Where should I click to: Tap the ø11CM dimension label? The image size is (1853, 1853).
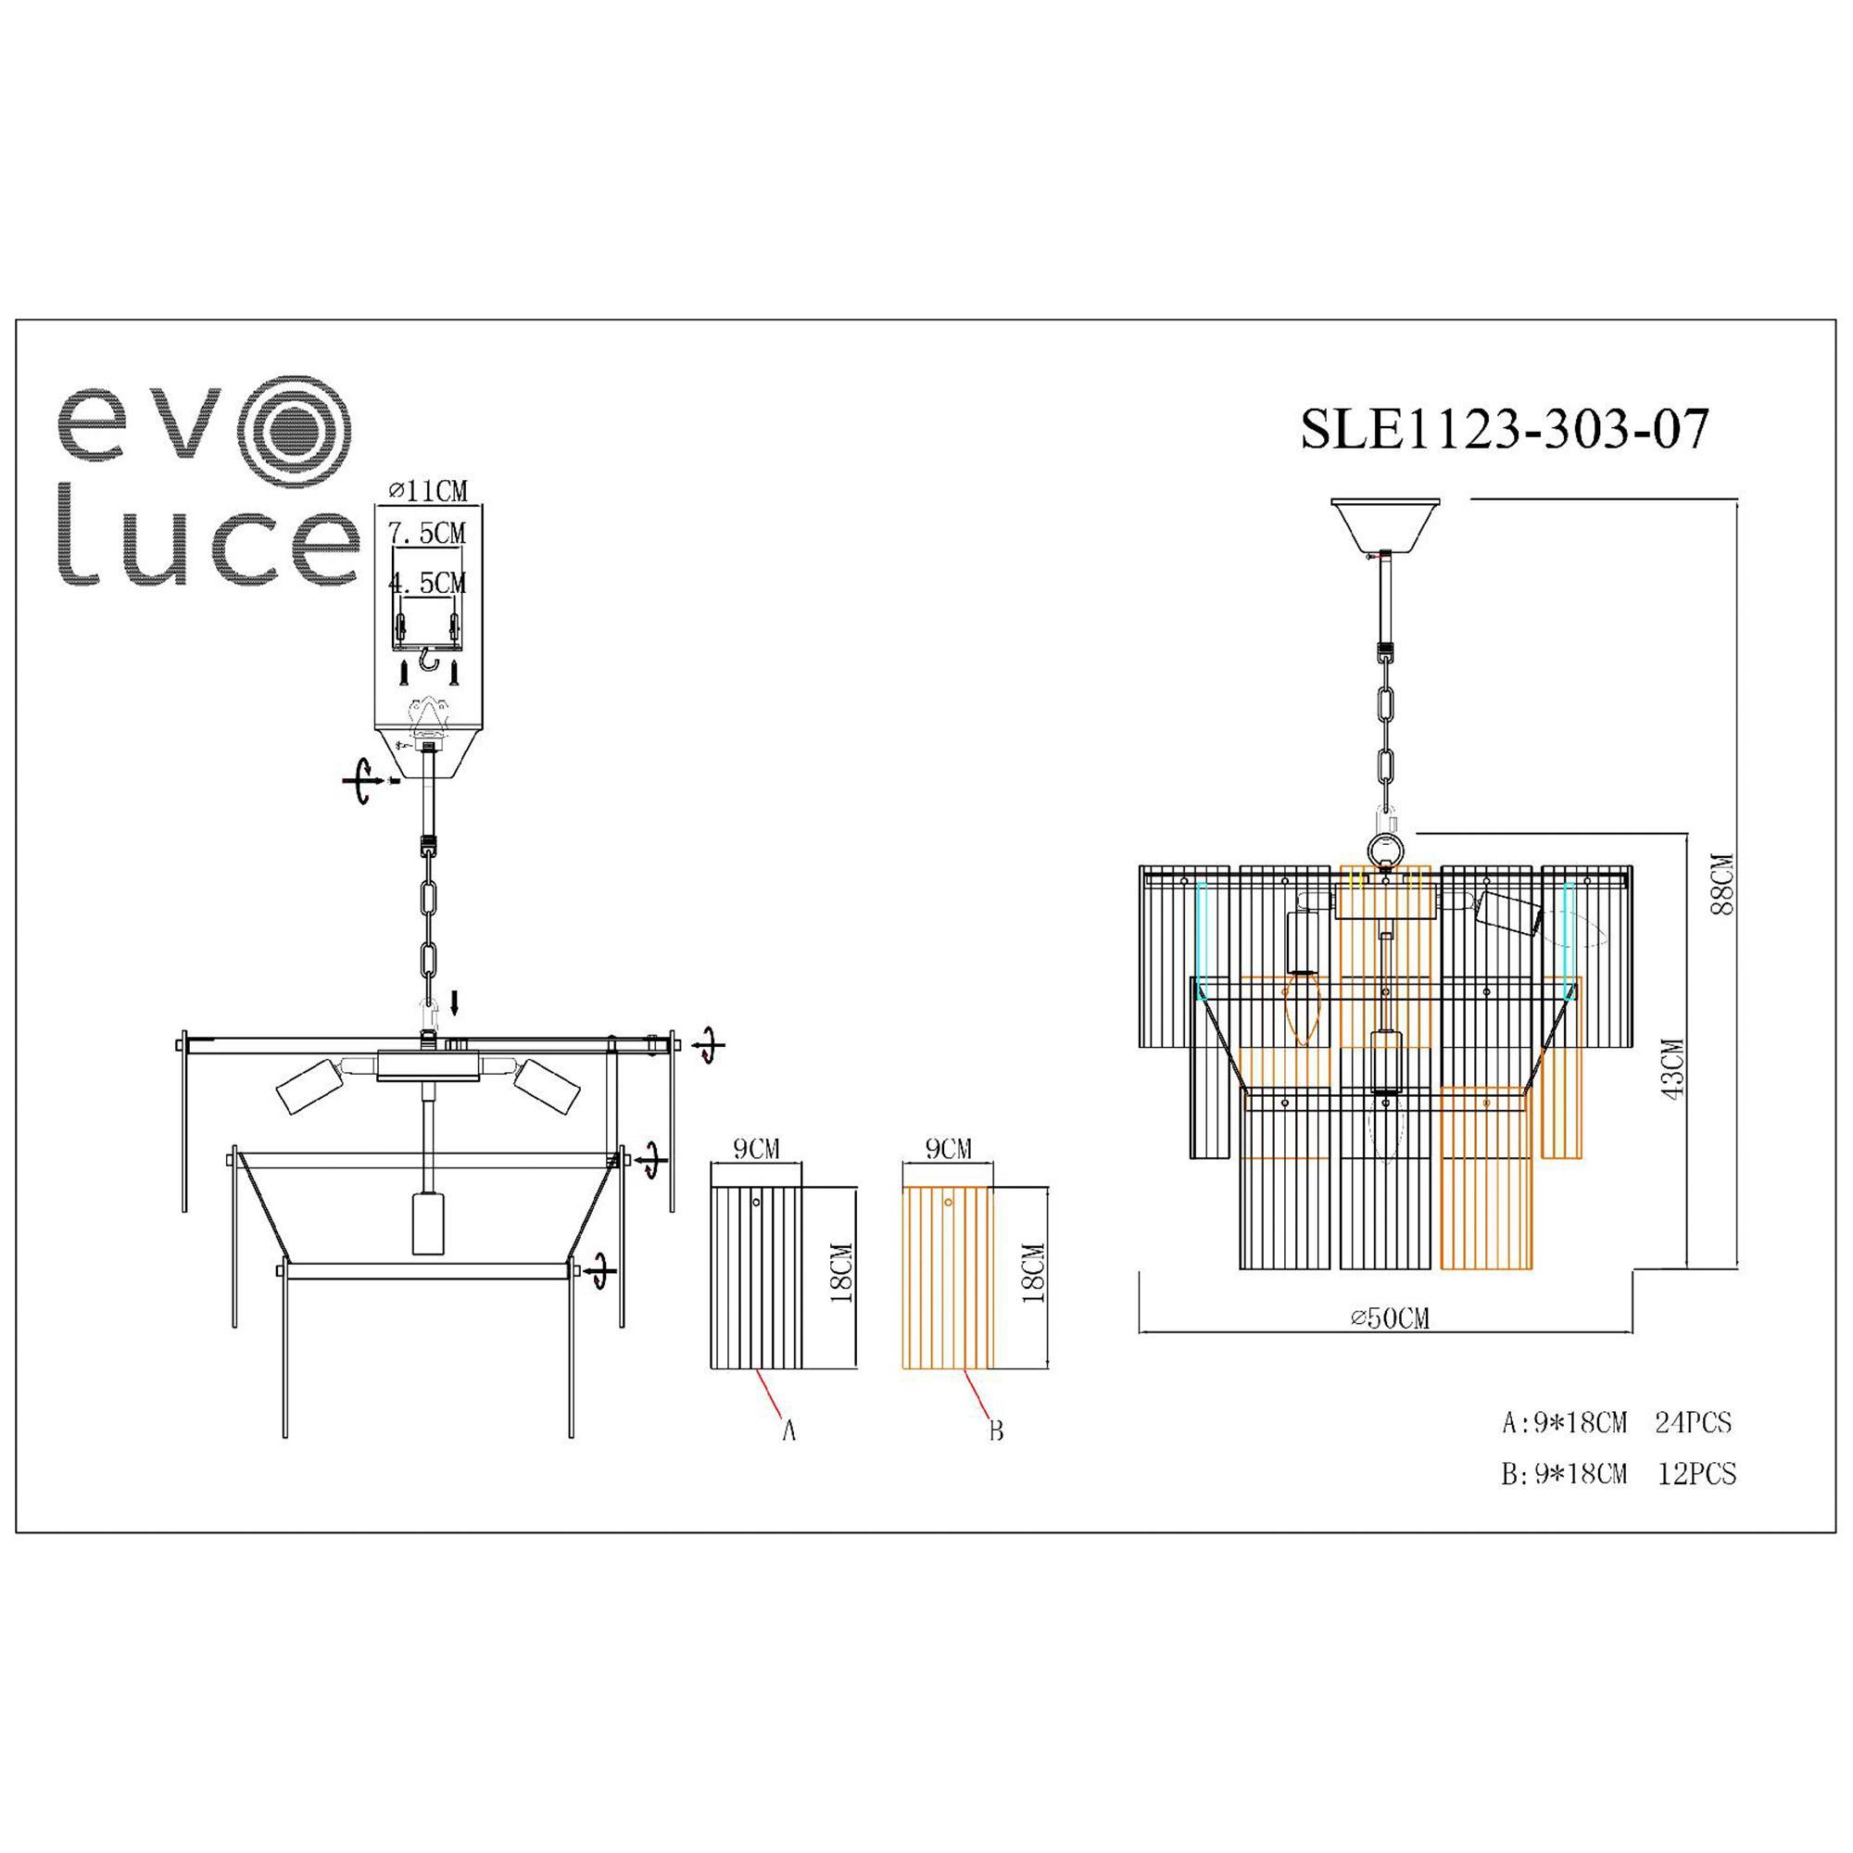428,491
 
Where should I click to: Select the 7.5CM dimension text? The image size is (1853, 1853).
427,533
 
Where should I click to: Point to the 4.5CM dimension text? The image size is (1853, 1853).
427,582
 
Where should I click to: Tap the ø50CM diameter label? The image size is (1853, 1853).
1390,1317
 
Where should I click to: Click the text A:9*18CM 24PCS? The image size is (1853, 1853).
1617,1422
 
